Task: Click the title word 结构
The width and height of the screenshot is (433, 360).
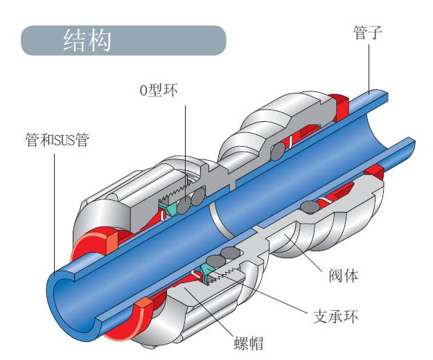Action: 87,40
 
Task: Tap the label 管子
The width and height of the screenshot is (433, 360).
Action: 368,33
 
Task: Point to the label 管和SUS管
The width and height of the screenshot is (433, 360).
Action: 57,140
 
